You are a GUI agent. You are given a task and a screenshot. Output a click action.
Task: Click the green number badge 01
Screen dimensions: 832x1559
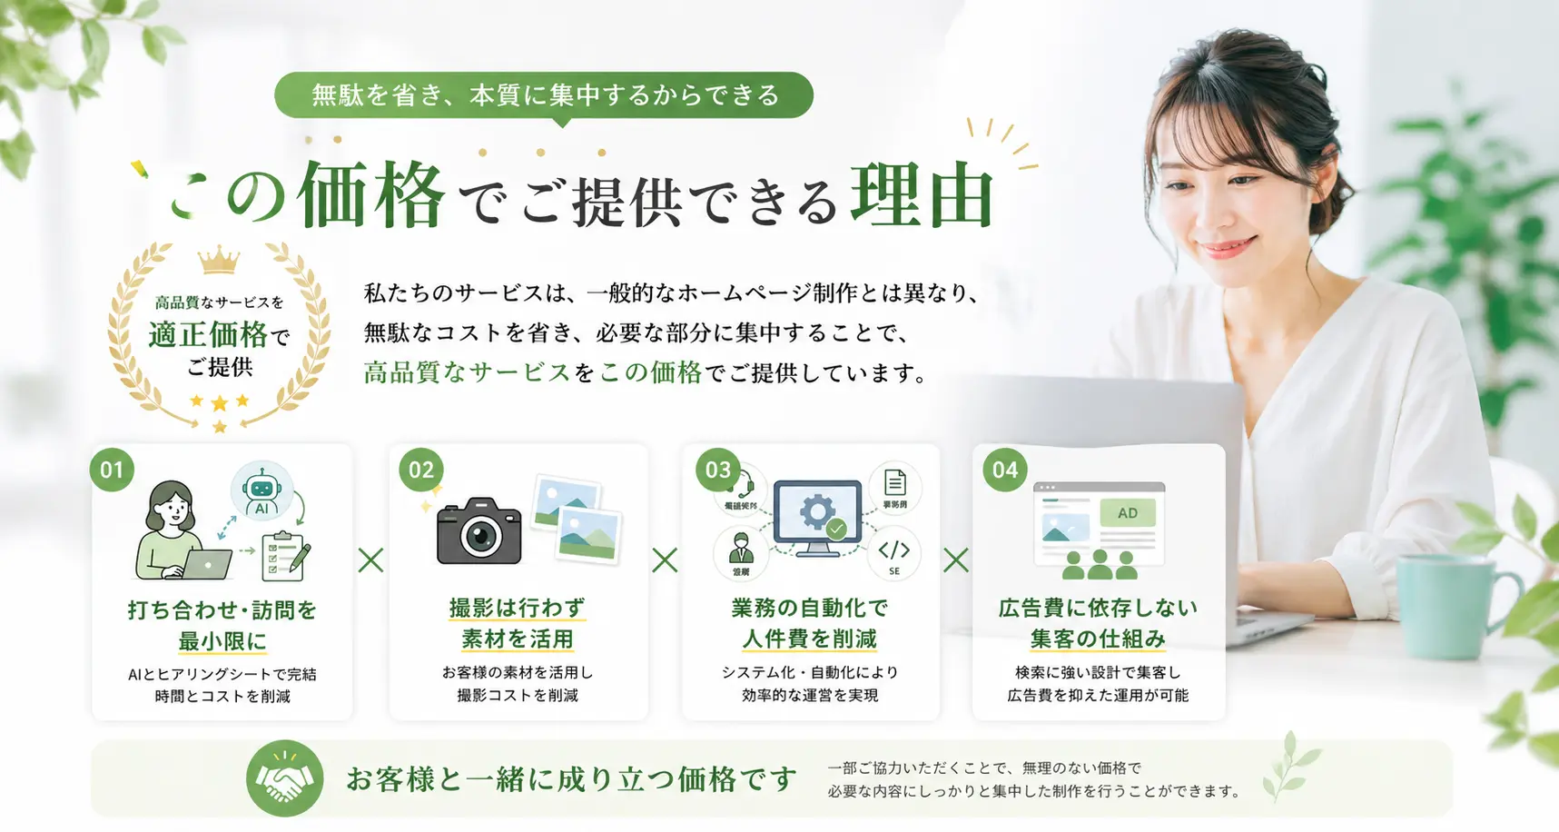pyautogui.click(x=113, y=470)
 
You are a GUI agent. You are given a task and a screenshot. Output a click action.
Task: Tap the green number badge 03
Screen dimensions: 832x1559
pyautogui.click(x=718, y=470)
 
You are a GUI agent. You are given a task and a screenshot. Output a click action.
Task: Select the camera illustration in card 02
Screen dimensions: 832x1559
pyautogui.click(x=479, y=531)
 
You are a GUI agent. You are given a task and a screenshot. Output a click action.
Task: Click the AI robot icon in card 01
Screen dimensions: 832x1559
pyautogui.click(x=261, y=491)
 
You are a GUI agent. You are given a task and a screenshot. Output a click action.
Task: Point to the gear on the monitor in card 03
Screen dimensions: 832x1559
pyautogui.click(x=816, y=511)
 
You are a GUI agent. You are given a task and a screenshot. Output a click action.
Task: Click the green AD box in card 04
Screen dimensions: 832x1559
pyautogui.click(x=1128, y=513)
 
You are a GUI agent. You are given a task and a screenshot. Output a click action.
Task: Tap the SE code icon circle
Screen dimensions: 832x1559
pyautogui.click(x=894, y=553)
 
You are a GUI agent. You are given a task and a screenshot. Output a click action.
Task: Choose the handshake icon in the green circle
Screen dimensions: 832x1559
pyautogui.click(x=285, y=778)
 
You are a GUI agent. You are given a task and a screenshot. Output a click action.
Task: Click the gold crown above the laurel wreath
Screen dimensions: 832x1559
pyautogui.click(x=219, y=262)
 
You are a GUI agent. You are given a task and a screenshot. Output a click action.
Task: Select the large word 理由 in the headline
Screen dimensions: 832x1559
pyautogui.click(x=923, y=194)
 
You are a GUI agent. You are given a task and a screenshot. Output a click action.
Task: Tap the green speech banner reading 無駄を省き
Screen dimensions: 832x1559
pyautogui.click(x=544, y=95)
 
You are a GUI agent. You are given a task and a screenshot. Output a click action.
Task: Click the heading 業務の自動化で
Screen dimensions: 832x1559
pyautogui.click(x=810, y=608)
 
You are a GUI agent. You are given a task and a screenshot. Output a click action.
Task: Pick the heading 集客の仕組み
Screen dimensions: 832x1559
pyautogui.click(x=1098, y=639)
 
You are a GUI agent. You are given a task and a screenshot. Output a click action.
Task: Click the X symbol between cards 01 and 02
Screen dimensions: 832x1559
pyautogui.click(x=370, y=560)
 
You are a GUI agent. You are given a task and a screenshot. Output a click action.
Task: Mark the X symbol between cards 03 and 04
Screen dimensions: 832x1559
pyautogui.click(x=956, y=560)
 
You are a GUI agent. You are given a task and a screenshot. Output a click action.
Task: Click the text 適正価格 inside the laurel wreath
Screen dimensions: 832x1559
pyautogui.click(x=208, y=335)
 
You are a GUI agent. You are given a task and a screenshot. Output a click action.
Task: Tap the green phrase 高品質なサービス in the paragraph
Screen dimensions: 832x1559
pyautogui.click(x=467, y=372)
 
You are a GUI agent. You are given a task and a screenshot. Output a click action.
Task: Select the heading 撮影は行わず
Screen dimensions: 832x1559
pyautogui.click(x=518, y=608)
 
